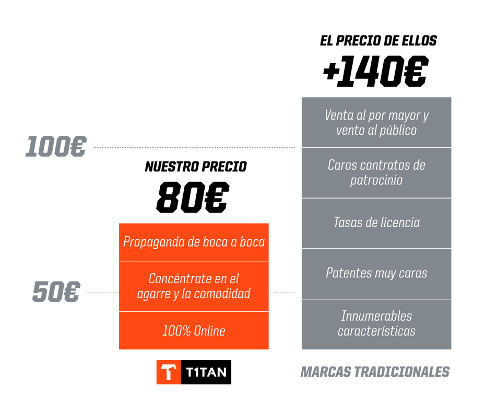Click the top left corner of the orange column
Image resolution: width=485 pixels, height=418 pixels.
click(119, 223)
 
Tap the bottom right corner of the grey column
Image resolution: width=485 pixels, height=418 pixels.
click(451, 350)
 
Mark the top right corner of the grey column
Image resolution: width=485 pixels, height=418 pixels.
click(451, 97)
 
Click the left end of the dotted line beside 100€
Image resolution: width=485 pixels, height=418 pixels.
click(93, 147)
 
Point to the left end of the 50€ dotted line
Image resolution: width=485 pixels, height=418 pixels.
click(86, 293)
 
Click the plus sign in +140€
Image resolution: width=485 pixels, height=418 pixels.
click(330, 72)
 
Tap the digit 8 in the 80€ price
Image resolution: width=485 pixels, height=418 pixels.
click(169, 197)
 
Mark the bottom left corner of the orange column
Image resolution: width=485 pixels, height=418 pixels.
click(119, 350)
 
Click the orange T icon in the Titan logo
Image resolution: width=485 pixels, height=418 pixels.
click(169, 372)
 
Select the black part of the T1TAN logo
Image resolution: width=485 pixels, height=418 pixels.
click(206, 372)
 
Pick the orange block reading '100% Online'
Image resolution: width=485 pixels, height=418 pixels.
click(194, 331)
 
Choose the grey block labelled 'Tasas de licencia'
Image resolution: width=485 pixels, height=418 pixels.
click(376, 223)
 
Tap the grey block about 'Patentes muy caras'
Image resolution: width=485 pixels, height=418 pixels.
click(376, 274)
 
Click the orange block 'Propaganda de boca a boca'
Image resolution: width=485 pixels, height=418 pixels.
click(194, 242)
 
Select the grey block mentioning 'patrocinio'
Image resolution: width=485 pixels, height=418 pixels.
click(376, 173)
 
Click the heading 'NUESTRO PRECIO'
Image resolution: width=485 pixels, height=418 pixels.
click(196, 167)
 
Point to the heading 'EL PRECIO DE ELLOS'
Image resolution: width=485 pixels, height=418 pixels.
click(378, 41)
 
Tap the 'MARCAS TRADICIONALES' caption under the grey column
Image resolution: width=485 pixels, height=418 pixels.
click(375, 372)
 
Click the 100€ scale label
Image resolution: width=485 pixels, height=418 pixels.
click(56, 146)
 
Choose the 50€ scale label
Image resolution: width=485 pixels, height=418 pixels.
click(56, 292)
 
